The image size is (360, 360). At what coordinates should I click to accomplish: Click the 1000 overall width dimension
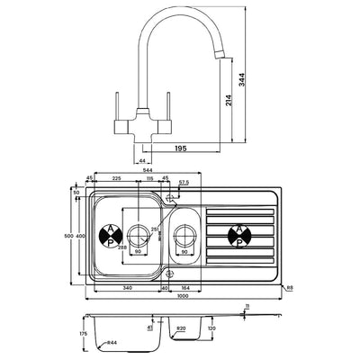pos(184,296)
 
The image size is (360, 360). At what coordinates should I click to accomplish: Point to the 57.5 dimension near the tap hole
pos(184,184)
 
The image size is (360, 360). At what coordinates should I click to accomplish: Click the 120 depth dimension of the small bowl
pos(210,329)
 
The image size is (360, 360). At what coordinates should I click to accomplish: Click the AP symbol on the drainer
pos(240,236)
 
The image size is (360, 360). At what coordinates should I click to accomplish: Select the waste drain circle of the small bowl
pos(184,236)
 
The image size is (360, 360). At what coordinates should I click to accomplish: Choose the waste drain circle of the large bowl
pos(138,236)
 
